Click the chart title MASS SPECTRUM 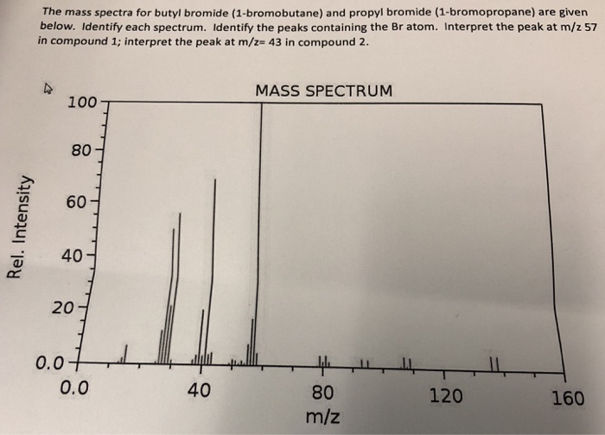323,91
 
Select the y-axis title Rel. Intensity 15,228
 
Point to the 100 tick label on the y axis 82,103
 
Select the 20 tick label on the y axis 63,309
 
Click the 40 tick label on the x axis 199,390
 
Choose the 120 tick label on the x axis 445,396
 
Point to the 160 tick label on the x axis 569,399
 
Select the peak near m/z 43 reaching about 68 214,268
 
